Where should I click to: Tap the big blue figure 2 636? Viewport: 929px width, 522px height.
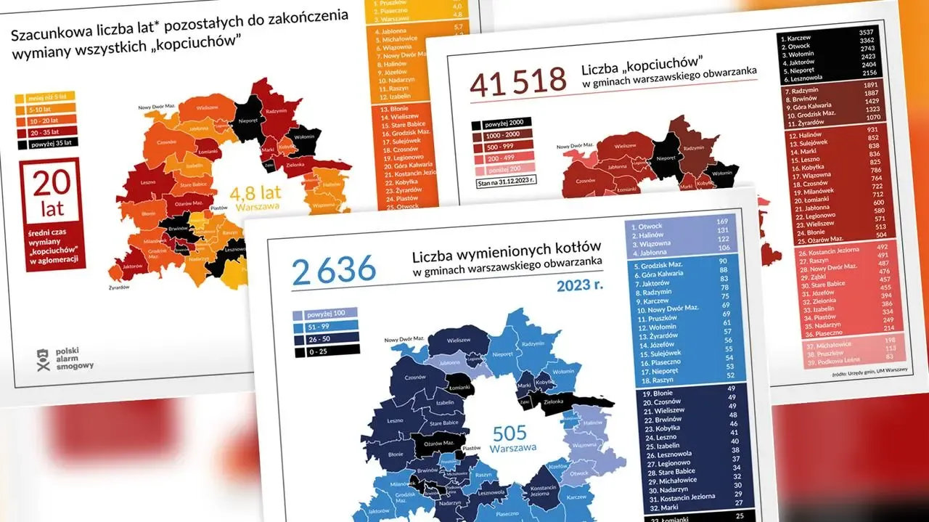(x=334, y=269)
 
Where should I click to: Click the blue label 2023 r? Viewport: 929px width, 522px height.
(x=580, y=285)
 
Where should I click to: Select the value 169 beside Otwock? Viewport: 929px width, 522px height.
(x=721, y=221)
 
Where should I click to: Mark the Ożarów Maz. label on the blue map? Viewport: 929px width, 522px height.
(x=439, y=443)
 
